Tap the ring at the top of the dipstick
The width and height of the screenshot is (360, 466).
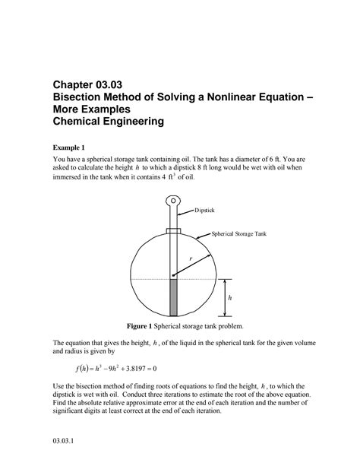tap(172, 203)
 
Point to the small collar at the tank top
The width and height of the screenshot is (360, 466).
tap(172, 230)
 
